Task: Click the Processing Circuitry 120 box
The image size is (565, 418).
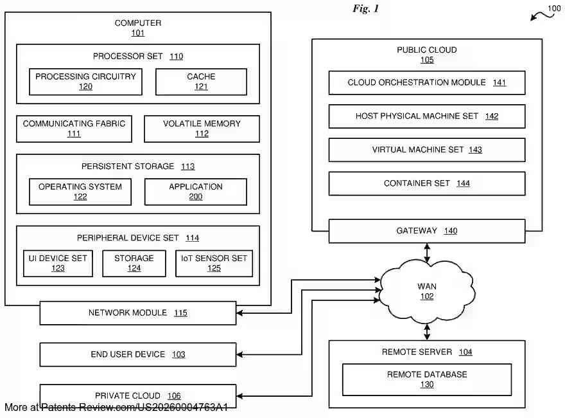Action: pyautogui.click(x=85, y=82)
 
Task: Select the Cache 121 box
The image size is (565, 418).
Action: pyautogui.click(x=201, y=82)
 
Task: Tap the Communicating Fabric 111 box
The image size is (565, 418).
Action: pyautogui.click(x=74, y=129)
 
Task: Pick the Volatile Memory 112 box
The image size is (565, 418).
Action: pyautogui.click(x=202, y=129)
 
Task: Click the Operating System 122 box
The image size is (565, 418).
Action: pyautogui.click(x=80, y=192)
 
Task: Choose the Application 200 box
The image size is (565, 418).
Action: pyautogui.click(x=195, y=192)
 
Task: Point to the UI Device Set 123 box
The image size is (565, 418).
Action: pyautogui.click(x=58, y=263)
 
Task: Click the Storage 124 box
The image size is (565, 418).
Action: pyautogui.click(x=134, y=263)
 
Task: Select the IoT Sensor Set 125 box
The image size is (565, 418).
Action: pyautogui.click(x=214, y=263)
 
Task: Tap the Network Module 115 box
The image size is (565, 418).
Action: pyautogui.click(x=137, y=313)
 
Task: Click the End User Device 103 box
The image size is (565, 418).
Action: pyautogui.click(x=137, y=354)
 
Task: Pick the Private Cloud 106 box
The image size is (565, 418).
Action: pyautogui.click(x=137, y=395)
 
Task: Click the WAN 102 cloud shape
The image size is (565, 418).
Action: pyautogui.click(x=426, y=291)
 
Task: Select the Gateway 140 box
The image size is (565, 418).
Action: pyautogui.click(x=426, y=231)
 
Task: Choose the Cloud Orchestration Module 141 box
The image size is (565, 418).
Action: pyautogui.click(x=426, y=83)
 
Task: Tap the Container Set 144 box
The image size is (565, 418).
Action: pyautogui.click(x=426, y=183)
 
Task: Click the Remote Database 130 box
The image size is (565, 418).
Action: pyautogui.click(x=426, y=379)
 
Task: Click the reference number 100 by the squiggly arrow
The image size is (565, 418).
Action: pyautogui.click(x=553, y=8)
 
